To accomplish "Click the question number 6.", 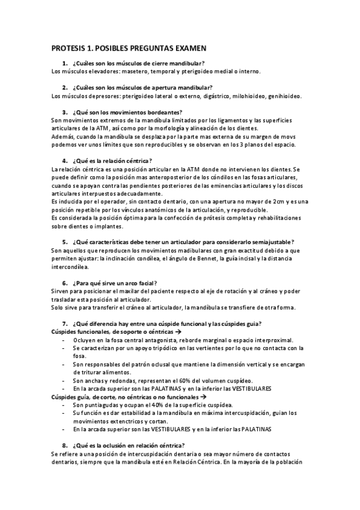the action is (x=64, y=283).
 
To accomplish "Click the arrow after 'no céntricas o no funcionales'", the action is (x=203, y=398).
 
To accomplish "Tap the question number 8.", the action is (x=64, y=445).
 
